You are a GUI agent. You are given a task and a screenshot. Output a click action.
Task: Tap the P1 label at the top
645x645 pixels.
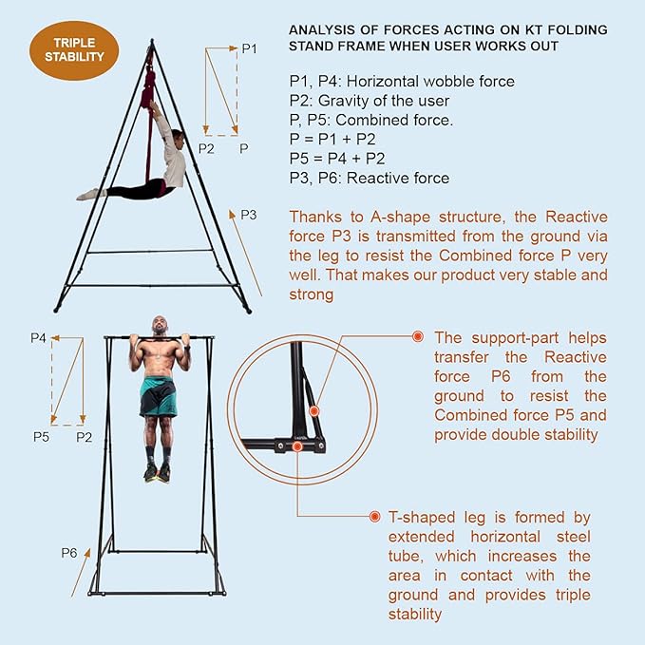pos(249,48)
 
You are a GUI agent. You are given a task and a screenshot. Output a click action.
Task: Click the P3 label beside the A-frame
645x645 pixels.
pos(248,215)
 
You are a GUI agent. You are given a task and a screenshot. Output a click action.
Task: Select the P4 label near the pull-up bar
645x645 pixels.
pos(39,337)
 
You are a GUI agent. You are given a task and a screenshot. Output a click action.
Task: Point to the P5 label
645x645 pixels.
pos(41,436)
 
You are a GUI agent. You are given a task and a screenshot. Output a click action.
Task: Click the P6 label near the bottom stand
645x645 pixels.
pos(68,552)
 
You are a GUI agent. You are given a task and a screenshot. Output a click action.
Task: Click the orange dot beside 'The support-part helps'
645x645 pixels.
pos(417,336)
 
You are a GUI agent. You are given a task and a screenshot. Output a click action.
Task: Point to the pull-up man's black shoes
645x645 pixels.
pos(157,472)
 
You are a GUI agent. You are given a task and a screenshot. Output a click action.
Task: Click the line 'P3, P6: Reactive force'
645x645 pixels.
pos(370,178)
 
